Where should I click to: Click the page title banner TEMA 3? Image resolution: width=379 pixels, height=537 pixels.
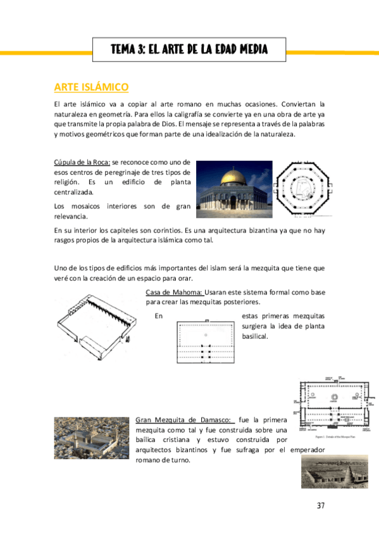tap(189, 49)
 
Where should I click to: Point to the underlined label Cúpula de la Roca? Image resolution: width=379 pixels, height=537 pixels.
tap(82, 163)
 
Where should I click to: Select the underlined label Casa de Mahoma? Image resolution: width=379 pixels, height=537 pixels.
tap(174, 292)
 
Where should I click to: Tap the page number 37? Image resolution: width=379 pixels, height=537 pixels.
tap(320, 505)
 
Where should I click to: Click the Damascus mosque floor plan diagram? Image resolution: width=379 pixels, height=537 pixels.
tap(332, 405)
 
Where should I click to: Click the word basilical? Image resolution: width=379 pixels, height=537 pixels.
tap(256, 336)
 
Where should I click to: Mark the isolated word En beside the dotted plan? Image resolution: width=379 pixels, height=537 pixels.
tap(158, 315)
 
